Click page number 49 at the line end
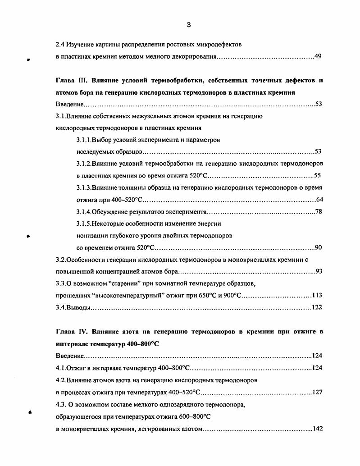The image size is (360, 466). pyautogui.click(x=318, y=57)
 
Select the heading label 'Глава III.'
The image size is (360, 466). pyautogui.click(x=73, y=81)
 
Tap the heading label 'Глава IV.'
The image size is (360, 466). pyautogui.click(x=73, y=332)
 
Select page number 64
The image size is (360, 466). pyautogui.click(x=319, y=200)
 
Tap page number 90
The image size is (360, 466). pyautogui.click(x=318, y=247)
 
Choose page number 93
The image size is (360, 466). pyautogui.click(x=318, y=271)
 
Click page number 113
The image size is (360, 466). pyautogui.click(x=317, y=295)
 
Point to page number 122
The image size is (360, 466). pyautogui.click(x=317, y=308)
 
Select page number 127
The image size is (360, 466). pyautogui.click(x=317, y=393)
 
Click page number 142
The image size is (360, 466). pyautogui.click(x=317, y=429)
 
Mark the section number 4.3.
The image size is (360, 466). pyautogui.click(x=61, y=405)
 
